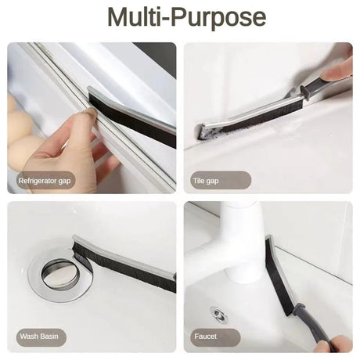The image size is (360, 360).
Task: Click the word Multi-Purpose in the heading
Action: pyautogui.click(x=186, y=17)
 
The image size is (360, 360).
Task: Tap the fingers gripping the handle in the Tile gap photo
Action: pyautogui.click(x=338, y=70)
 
